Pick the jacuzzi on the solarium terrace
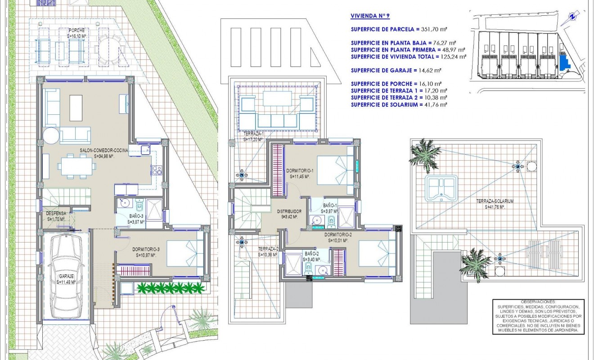click(441, 189)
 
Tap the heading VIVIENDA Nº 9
click(370, 16)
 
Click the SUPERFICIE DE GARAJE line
click(396, 70)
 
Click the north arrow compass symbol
click(572, 16)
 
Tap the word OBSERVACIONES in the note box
click(534, 301)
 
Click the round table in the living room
click(50, 135)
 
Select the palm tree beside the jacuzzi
click(424, 153)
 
